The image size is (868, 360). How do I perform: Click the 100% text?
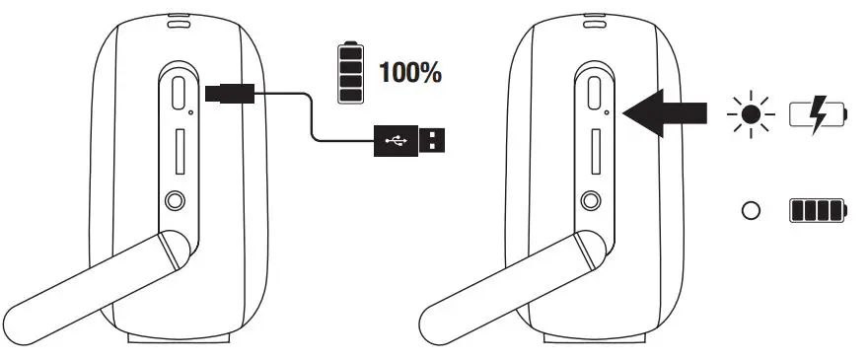coord(409,72)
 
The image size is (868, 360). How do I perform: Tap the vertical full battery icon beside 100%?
coord(350,72)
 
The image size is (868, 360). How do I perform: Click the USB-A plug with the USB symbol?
coord(408,141)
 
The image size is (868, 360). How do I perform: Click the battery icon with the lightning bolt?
coord(819,115)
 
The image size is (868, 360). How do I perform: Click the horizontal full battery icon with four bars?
coord(818,211)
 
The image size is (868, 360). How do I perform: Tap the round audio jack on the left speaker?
coord(177,201)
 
